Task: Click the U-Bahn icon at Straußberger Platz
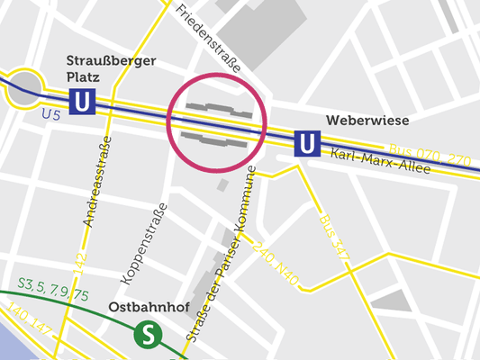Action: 82,101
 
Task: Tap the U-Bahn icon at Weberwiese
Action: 307,142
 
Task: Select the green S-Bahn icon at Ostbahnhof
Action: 146,335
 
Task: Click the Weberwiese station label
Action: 367,121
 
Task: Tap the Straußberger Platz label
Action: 111,69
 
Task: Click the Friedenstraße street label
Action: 209,39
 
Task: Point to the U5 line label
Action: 52,114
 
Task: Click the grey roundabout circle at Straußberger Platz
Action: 25,85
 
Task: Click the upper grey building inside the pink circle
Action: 217,109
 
